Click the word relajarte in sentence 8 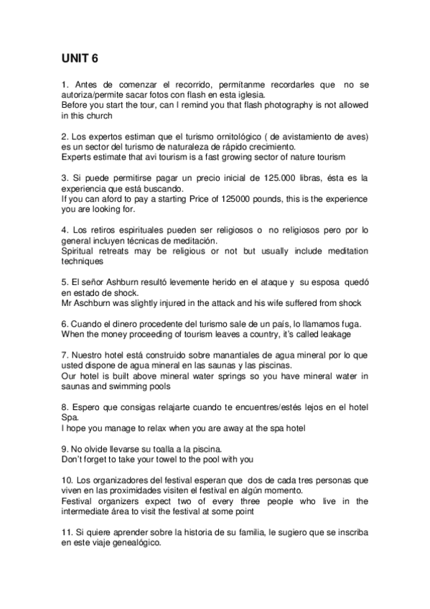178,406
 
